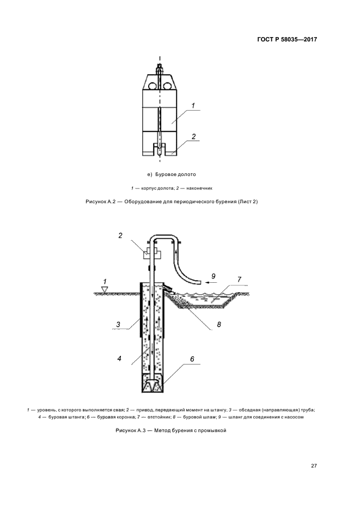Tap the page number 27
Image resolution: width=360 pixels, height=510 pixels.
point(314,465)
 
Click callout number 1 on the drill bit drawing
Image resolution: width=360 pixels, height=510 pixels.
point(193,105)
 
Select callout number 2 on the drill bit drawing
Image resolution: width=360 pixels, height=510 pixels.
point(193,137)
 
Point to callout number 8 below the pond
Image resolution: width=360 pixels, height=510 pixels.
point(218,324)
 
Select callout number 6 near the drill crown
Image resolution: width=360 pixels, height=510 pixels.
point(192,360)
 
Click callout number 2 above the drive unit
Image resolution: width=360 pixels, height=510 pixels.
point(120,235)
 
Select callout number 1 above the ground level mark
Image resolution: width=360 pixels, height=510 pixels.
point(105,281)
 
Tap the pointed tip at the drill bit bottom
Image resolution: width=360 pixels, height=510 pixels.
point(159,155)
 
